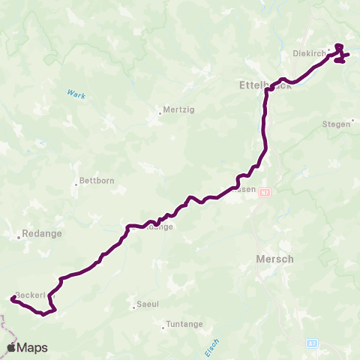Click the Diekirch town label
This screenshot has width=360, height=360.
[307, 53]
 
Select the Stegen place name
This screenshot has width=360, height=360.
[336, 124]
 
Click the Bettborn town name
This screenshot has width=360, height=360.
[95, 182]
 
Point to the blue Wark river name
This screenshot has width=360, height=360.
[76, 94]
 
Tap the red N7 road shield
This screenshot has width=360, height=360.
[264, 193]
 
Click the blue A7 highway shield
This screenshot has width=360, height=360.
[313, 343]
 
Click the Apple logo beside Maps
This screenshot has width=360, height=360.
[12, 347]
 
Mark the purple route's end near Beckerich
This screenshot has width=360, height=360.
[13, 299]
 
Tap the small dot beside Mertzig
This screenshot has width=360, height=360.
[160, 114]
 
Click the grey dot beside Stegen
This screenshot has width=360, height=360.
[351, 124]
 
